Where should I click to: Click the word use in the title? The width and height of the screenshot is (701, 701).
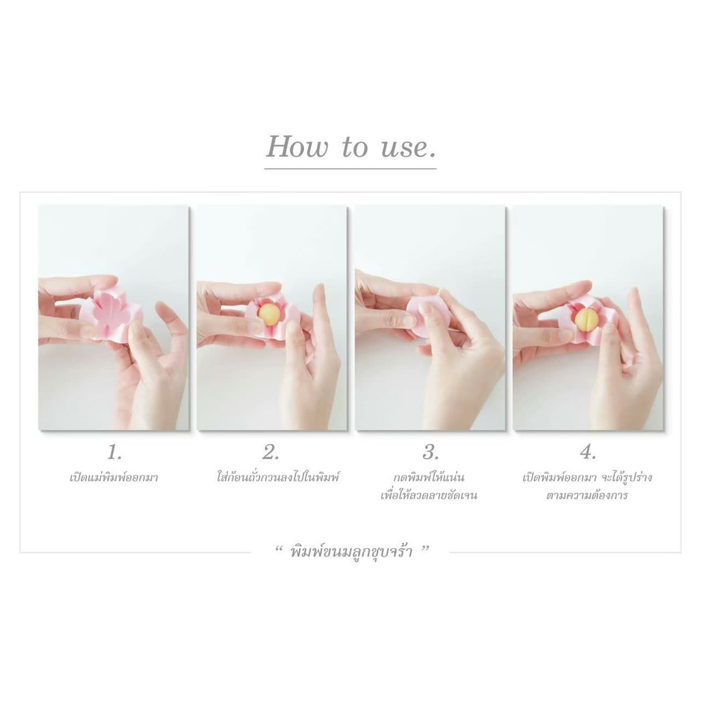402,148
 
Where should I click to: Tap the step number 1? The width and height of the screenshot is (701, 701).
114,453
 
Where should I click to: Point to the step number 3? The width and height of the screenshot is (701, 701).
431,453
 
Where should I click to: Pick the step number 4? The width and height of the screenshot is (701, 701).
588,453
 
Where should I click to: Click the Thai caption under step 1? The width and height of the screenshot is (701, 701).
114,477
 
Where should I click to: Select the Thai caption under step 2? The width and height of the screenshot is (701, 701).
278,477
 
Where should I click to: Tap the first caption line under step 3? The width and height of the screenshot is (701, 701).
429,477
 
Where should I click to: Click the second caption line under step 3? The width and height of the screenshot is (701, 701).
429,496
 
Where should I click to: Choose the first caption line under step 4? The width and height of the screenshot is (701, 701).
587,477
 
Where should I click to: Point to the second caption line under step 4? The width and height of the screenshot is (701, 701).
587,496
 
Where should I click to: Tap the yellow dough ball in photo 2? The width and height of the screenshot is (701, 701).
269,314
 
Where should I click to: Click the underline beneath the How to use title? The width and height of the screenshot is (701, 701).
350,168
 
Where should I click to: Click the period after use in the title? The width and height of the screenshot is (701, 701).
431,155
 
